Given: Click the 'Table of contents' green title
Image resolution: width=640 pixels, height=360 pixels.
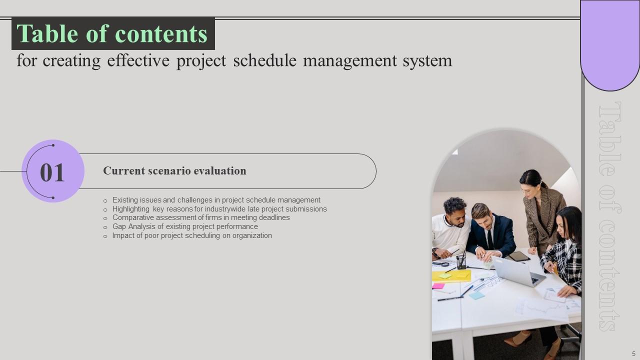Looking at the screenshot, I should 112,34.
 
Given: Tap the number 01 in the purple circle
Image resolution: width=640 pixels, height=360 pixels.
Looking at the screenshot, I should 52,172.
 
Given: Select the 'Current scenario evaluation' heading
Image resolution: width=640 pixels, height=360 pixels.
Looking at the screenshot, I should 174,171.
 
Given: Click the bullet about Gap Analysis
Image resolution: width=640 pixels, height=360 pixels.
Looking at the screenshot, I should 185,226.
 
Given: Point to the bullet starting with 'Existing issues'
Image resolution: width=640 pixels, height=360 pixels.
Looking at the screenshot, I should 216,200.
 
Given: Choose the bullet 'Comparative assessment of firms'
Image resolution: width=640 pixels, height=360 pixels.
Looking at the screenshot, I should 201,217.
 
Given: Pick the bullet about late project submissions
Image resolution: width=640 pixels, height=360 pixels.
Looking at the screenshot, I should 219,209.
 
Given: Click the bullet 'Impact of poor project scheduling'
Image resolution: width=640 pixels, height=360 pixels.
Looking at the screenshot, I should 192,235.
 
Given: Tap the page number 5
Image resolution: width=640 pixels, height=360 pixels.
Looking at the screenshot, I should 633,353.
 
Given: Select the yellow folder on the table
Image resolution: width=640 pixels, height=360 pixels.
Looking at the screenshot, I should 451,276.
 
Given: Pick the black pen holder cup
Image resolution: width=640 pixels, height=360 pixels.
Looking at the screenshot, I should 461,262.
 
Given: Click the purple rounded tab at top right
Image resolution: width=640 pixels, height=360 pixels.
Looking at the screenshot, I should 610,45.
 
